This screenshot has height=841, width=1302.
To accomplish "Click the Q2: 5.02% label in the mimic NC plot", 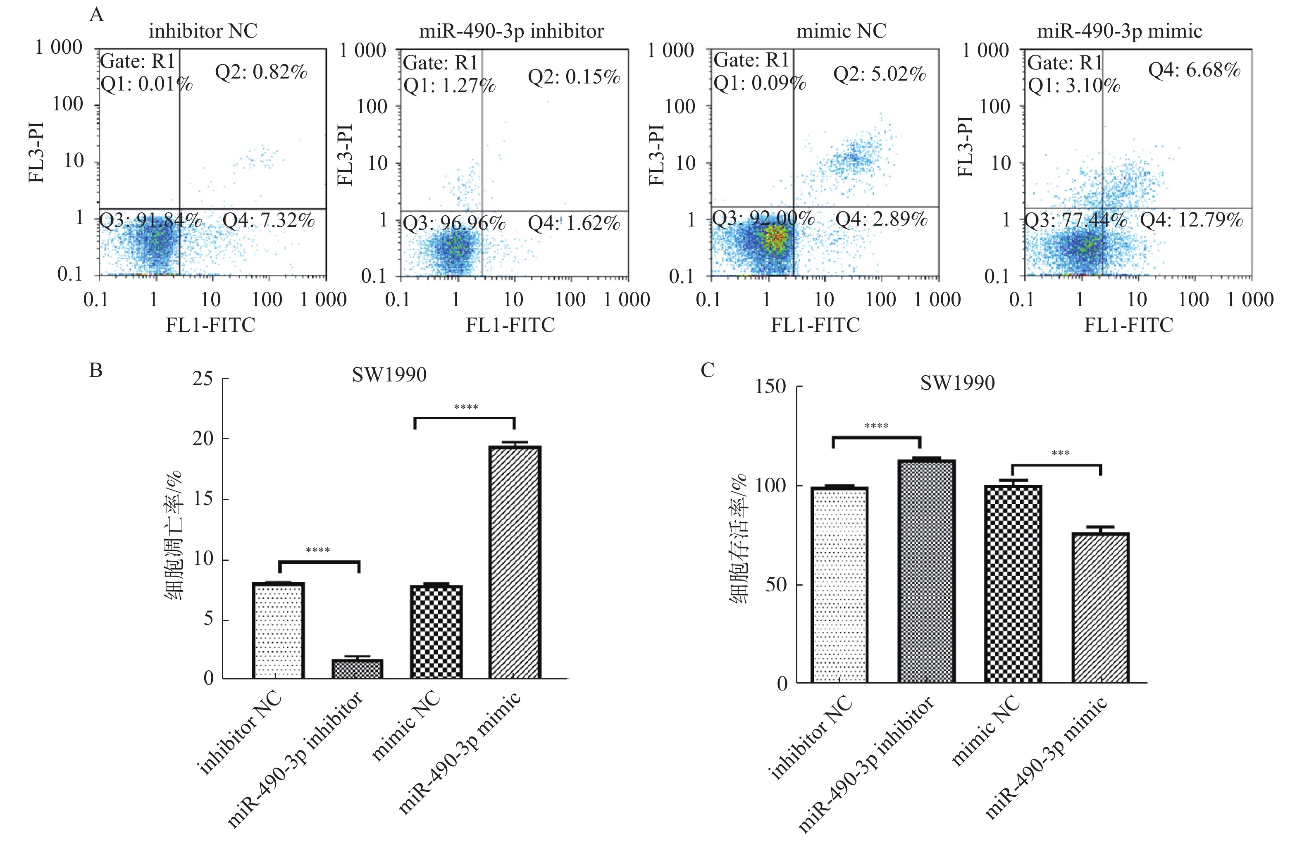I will coord(879,74).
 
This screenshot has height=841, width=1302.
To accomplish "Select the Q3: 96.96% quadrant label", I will coord(454,223).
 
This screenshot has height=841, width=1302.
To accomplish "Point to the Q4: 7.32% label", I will coord(269,221).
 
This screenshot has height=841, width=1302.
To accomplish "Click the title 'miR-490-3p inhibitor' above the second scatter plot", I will coord(511,31).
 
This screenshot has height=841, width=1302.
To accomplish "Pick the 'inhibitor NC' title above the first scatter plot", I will coord(203,31).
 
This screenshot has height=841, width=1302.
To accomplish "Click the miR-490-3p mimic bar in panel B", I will coord(515,562).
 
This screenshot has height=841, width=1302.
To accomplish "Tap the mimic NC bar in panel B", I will coord(436,632).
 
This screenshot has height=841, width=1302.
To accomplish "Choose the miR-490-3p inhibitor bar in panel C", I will coord(927,571).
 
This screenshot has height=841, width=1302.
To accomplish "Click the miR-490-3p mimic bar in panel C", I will coord(1100,608).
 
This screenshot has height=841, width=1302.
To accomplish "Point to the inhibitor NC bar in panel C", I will coord(839,585).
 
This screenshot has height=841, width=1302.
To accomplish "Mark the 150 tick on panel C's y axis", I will coord(770,387).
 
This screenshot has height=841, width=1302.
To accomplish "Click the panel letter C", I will coord(707,371).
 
